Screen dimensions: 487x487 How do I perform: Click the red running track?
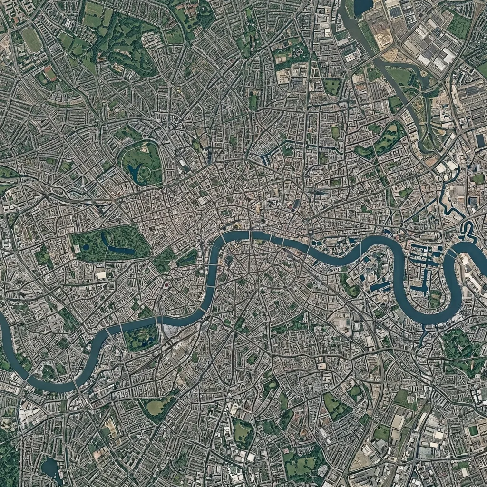[49, 74]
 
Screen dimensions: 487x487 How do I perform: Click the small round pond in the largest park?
[85, 247]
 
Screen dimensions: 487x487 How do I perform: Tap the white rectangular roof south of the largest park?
[101, 275]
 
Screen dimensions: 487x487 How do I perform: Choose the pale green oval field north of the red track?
[31, 40]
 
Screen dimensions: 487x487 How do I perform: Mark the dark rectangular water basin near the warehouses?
[480, 141]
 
